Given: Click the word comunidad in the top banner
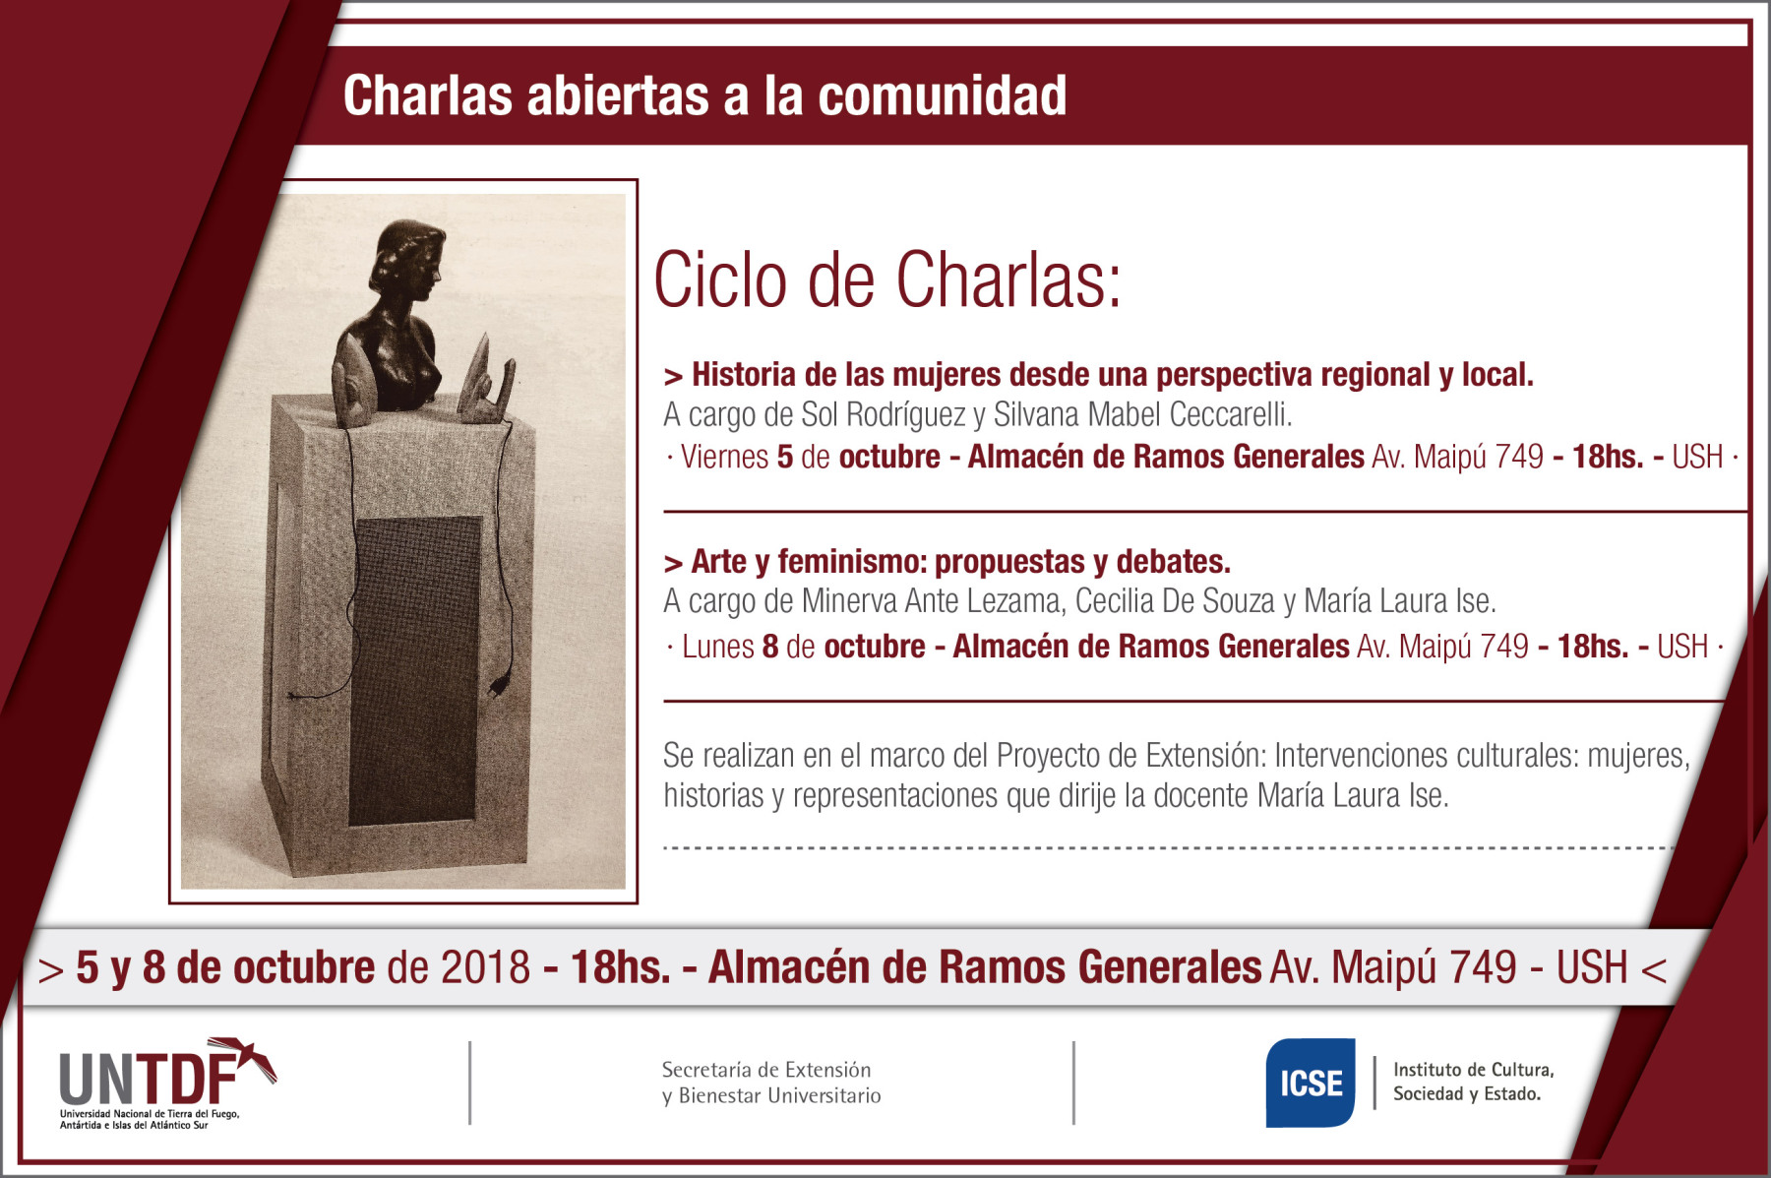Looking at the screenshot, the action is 942,95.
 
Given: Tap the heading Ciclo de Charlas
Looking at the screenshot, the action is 886,279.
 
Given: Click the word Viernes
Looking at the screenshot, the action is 724,457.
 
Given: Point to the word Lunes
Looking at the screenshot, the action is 717,647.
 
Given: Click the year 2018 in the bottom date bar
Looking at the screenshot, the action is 485,967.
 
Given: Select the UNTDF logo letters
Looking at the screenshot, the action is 148,1080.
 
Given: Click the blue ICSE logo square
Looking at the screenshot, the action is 1310,1083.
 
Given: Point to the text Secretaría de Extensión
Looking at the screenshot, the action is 765,1070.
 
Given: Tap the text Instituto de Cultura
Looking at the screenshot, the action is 1473,1070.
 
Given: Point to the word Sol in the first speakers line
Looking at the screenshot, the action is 819,414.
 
